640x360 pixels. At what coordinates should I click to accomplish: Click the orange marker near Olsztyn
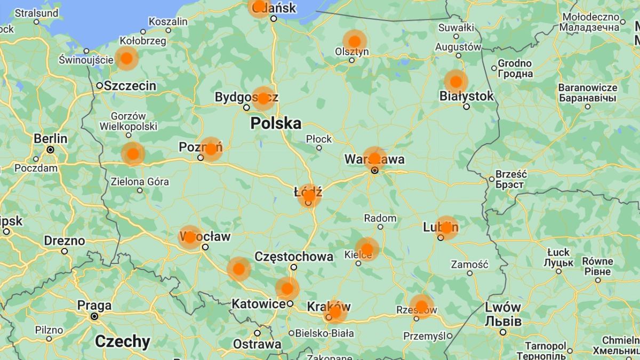tap(355, 41)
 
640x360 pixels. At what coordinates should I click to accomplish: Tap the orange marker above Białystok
tap(456, 82)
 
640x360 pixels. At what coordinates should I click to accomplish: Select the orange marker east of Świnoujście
tap(126, 58)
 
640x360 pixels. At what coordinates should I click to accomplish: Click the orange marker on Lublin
tap(446, 228)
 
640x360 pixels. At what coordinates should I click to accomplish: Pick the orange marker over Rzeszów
tap(421, 306)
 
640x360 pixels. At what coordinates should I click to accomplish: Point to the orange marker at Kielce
tap(367, 249)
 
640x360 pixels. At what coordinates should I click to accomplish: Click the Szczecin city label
tap(130, 86)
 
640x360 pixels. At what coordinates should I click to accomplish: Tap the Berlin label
tap(51, 139)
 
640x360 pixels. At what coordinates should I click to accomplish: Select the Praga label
tap(94, 306)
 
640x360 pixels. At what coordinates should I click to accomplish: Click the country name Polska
tap(276, 124)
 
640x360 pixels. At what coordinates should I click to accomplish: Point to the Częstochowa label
tap(294, 257)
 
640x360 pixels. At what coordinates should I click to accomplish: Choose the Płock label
tap(319, 139)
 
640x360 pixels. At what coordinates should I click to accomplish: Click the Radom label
tap(380, 218)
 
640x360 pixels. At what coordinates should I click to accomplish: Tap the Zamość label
tap(469, 264)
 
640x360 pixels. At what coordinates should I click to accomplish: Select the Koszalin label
tap(168, 22)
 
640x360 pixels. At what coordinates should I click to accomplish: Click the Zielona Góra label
tap(140, 182)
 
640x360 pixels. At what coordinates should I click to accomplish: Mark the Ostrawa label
tap(257, 344)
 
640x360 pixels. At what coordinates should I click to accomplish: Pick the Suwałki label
tap(456, 27)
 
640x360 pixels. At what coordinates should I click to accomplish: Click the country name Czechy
tap(122, 341)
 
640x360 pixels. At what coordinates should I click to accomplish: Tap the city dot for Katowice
tap(290, 303)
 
